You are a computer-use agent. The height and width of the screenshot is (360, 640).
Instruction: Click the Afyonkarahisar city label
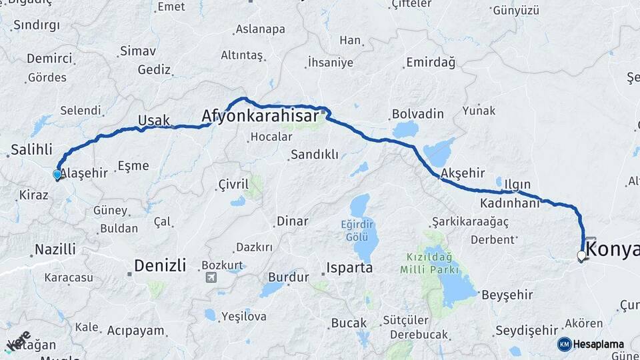pyautogui.click(x=261, y=117)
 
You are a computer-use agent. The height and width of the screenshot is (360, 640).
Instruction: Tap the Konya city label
pyautogui.click(x=611, y=250)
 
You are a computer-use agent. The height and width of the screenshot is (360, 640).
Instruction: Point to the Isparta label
pyautogui.click(x=349, y=269)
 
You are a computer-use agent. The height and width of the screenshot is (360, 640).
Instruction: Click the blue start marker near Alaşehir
pyautogui.click(x=57, y=175)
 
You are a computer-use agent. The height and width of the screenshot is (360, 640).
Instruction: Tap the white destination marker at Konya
pyautogui.click(x=581, y=255)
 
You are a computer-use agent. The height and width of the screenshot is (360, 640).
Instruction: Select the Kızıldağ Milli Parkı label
pyautogui.click(x=430, y=263)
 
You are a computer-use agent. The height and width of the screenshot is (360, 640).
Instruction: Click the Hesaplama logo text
pyautogui.click(x=599, y=344)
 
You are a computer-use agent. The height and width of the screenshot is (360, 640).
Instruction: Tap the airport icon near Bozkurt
pyautogui.click(x=211, y=277)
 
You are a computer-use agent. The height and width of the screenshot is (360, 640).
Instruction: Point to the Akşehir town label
pyautogui.click(x=462, y=173)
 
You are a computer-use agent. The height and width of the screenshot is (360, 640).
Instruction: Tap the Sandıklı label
pyautogui.click(x=313, y=155)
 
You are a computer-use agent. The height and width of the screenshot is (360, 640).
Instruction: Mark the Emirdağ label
pyautogui.click(x=430, y=63)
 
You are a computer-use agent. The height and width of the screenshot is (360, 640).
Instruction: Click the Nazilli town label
pyautogui.click(x=55, y=250)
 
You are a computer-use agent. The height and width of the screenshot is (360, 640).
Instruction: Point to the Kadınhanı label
pyautogui.click(x=509, y=203)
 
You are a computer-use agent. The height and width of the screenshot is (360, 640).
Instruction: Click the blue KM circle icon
pyautogui.click(x=564, y=344)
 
